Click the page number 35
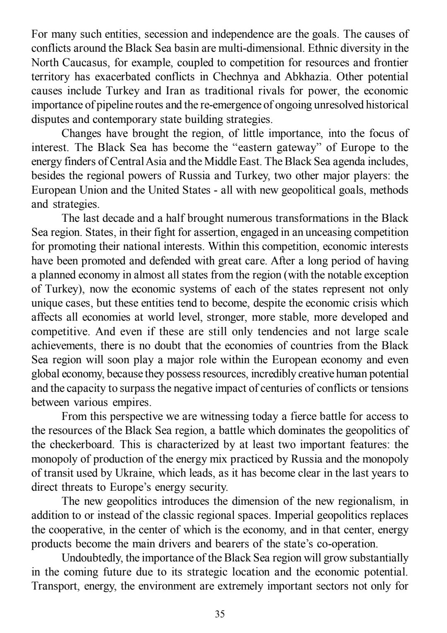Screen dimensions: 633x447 (x=220, y=614)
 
